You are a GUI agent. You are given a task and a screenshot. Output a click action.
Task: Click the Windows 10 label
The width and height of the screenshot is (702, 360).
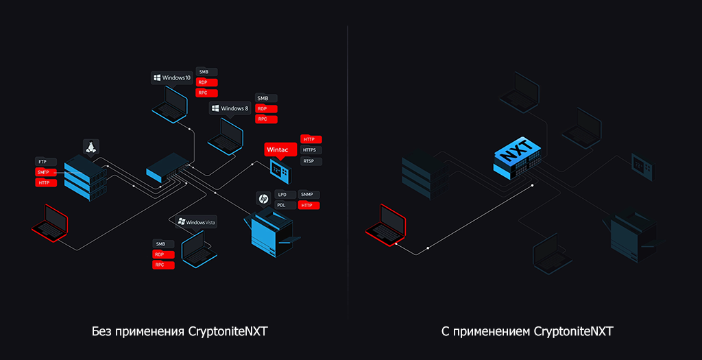point(171,78)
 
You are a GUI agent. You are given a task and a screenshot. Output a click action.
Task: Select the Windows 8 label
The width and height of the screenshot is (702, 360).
point(230,108)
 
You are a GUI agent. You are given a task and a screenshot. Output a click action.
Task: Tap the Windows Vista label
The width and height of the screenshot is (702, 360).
point(196,221)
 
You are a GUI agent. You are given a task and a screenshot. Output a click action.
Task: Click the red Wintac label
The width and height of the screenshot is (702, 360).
point(278,149)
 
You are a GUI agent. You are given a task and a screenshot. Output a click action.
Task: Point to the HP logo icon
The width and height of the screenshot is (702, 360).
point(262,199)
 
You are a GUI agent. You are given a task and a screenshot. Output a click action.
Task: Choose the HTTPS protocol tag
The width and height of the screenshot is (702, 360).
point(311,150)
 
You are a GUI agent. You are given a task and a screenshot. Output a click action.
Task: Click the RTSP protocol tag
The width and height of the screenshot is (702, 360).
point(311,161)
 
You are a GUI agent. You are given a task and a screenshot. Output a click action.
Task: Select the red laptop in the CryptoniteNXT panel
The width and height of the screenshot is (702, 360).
point(385,223)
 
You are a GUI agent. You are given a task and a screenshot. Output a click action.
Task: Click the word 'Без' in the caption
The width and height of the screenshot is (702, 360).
point(101,332)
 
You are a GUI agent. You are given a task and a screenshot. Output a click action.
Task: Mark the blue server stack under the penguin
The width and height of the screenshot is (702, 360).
point(86,177)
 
